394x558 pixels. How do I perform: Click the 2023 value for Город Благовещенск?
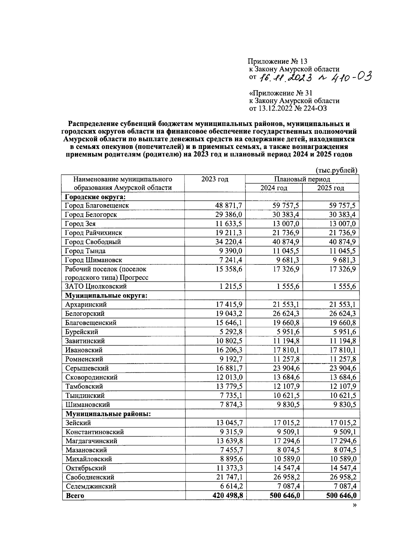tap(229, 205)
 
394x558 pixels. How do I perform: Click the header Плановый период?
tap(302, 179)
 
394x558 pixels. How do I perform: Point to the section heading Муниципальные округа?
tap(106, 295)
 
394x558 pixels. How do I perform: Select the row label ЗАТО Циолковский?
tap(96, 286)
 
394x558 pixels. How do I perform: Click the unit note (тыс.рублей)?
tap(336, 170)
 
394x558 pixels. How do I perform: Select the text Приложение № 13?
tap(277, 61)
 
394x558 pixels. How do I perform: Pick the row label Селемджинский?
tap(91, 486)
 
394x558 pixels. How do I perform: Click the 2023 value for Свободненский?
tap(229, 477)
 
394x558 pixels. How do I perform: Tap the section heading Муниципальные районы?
tap(108, 414)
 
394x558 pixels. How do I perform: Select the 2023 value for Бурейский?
tap(231, 332)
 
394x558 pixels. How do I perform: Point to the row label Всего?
tap(75, 496)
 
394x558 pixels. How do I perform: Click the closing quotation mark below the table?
tap(354, 506)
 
